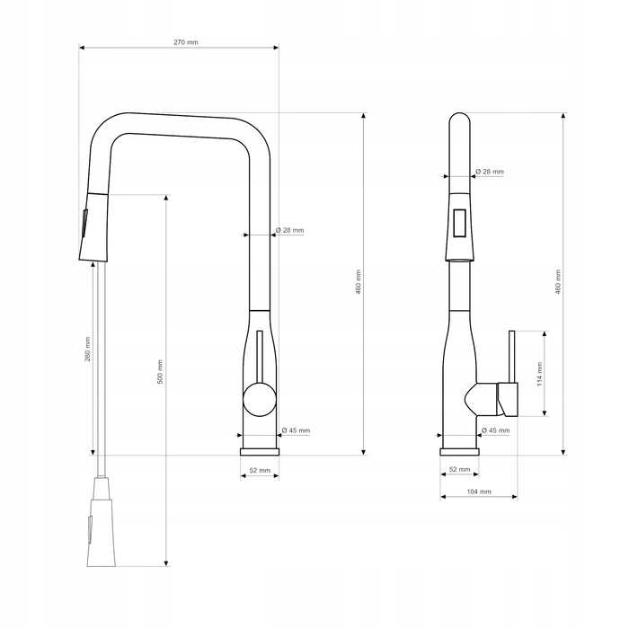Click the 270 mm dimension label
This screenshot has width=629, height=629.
tap(186, 42)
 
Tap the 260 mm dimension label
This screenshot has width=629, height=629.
tap(88, 349)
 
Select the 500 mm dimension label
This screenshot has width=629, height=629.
tap(160, 371)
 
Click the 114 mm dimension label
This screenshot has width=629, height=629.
tap(539, 374)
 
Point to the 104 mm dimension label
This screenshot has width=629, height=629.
tap(479, 492)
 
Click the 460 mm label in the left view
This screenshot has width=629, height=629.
tap(359, 282)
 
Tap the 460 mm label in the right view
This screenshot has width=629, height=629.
tap(558, 282)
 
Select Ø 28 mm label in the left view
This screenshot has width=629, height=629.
tap(289, 230)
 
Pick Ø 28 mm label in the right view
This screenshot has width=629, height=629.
tap(490, 172)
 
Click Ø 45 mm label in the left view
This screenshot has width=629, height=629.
tap(296, 430)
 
